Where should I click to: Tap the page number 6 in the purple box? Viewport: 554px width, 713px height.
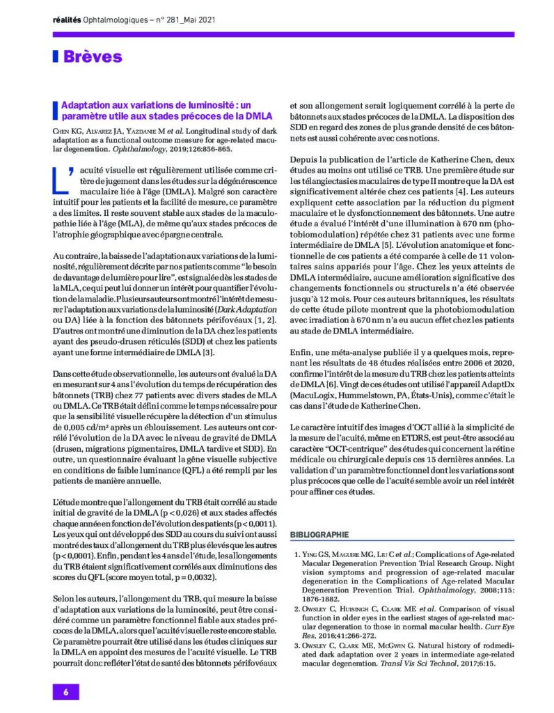(66, 691)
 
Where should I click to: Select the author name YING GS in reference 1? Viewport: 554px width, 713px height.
(313, 554)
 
